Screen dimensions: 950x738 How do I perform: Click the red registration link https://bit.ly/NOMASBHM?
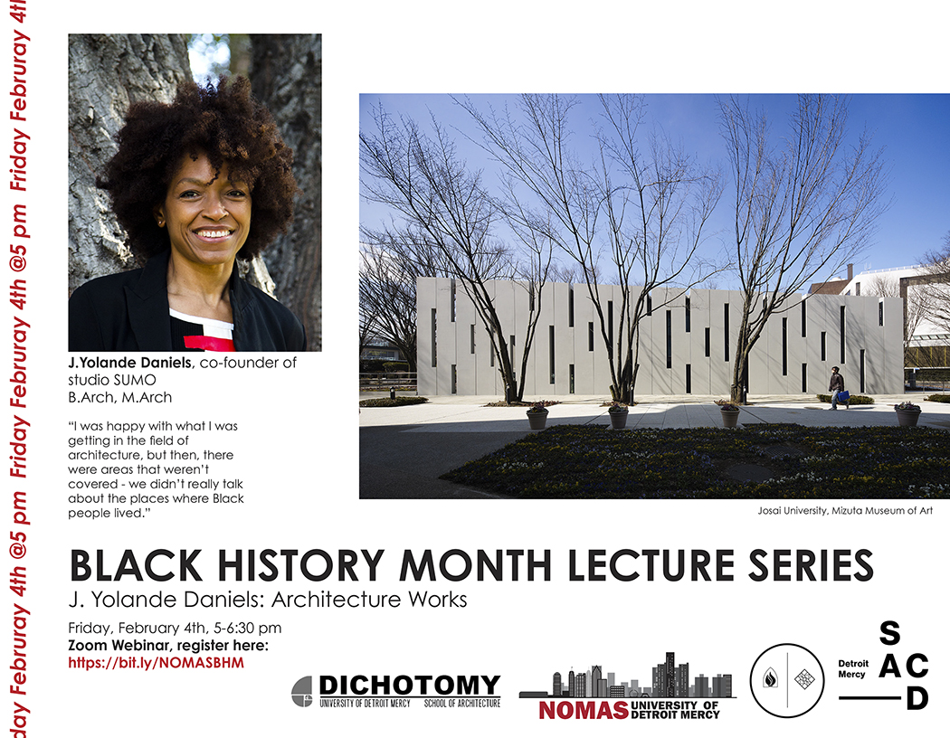[156, 663]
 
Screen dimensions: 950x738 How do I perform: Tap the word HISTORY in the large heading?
[300, 566]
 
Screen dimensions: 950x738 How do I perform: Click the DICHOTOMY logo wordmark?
[410, 686]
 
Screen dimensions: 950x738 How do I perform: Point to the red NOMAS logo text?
[584, 711]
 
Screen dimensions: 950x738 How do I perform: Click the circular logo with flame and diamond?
[787, 680]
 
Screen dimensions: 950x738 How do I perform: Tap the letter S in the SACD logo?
[889, 633]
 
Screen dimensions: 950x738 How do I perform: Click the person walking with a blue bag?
[837, 388]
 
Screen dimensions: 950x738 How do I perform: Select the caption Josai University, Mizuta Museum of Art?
[844, 511]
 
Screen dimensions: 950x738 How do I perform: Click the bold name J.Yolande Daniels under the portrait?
[129, 363]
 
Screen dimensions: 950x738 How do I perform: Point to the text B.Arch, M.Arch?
[120, 397]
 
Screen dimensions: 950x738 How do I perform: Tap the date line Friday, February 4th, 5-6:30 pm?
[175, 628]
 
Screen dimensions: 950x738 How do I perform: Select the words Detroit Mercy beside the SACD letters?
[853, 668]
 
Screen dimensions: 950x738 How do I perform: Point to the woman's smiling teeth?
[213, 233]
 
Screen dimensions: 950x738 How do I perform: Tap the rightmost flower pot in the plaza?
[907, 414]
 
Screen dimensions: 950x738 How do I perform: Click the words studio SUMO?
[112, 380]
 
